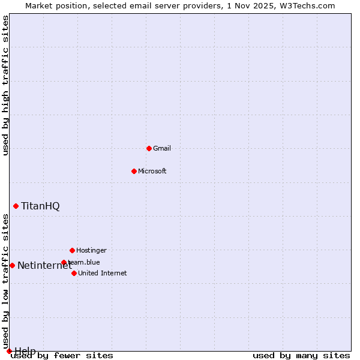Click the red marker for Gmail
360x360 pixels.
click(149, 148)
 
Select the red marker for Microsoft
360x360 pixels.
click(134, 171)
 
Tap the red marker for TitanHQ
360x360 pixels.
click(16, 206)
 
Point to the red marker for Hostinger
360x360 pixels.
click(72, 250)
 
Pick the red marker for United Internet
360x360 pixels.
click(74, 273)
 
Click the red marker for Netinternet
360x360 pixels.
click(12, 265)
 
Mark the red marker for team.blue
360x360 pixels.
click(64, 262)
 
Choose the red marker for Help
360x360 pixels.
click(9, 351)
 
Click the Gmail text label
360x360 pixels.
click(162, 148)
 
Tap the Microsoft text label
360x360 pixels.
click(152, 171)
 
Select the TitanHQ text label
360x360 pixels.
click(40, 206)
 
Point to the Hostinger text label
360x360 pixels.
click(91, 250)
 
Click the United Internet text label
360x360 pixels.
click(103, 273)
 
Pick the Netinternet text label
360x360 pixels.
click(44, 265)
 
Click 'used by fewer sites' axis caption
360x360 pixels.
click(62, 355)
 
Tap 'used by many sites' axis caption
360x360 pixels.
click(301, 355)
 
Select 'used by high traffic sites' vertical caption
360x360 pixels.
click(5, 85)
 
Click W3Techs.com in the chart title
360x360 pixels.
click(307, 5)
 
